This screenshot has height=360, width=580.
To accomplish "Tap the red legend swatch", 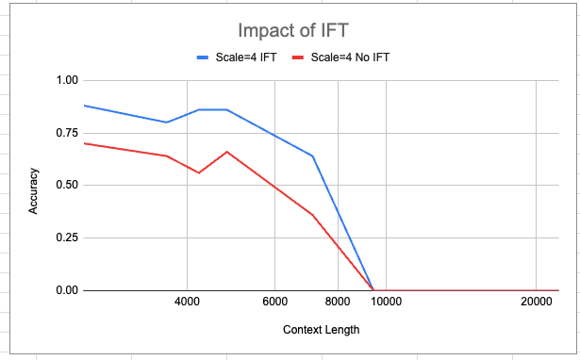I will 299,57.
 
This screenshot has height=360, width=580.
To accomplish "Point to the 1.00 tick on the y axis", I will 65,80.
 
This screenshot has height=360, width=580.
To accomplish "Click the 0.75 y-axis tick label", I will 65,133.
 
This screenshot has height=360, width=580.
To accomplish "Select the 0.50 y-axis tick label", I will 65,186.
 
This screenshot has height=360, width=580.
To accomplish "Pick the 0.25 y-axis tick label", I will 65,237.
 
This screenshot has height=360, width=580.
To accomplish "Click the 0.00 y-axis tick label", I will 65,290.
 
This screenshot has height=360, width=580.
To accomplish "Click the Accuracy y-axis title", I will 33,190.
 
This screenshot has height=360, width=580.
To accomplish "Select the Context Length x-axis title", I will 321,330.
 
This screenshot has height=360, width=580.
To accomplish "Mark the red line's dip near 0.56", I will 199,172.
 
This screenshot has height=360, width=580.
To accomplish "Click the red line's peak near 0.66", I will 226,152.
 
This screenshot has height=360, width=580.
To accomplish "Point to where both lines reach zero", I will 373,290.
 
